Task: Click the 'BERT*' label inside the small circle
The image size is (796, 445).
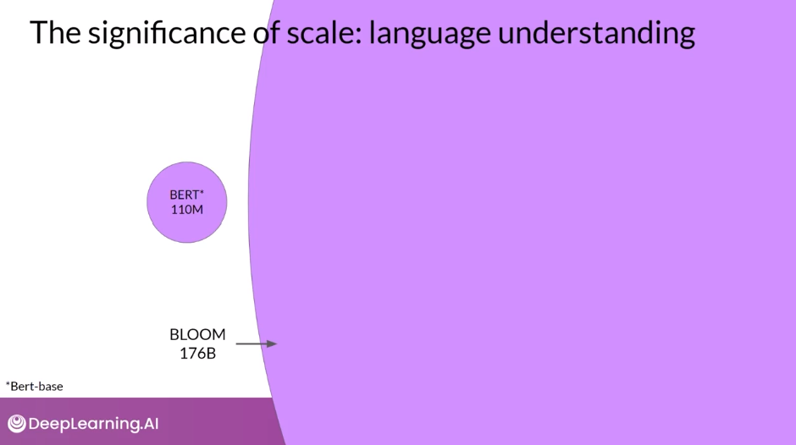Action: [x=187, y=195]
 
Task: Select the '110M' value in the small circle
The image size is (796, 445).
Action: [x=187, y=209]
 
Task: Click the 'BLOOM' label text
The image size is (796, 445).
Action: [x=197, y=334]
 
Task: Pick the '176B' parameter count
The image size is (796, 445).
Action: [x=197, y=353]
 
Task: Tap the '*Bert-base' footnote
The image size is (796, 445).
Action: [x=35, y=387]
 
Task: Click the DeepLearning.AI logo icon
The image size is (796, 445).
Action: [x=16, y=424]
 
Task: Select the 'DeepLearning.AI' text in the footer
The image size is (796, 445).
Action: [x=93, y=424]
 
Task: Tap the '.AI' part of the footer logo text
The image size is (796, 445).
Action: [x=147, y=424]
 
